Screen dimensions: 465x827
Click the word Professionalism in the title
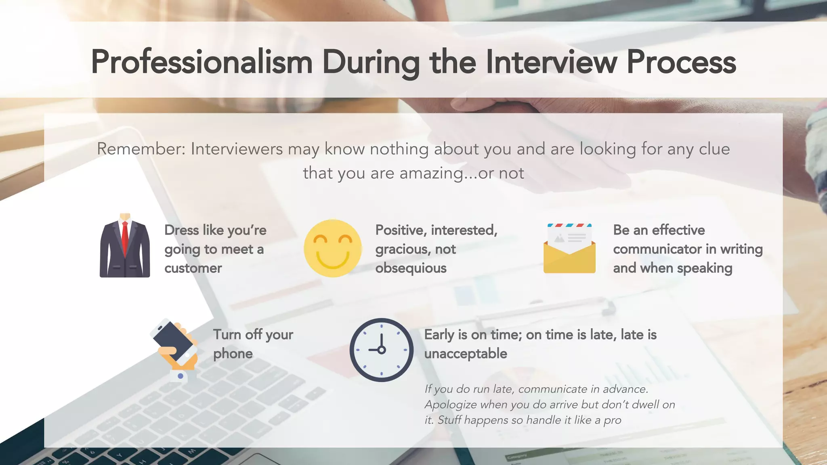tap(202, 63)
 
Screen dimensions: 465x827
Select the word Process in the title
tap(681, 63)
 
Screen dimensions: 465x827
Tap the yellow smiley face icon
tap(332, 248)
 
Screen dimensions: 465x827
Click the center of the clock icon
tap(381, 350)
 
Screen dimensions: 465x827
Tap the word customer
tap(193, 268)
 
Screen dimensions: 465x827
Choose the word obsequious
tap(411, 268)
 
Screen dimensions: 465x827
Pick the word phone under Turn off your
tap(233, 354)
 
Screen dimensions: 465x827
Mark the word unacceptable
tap(465, 354)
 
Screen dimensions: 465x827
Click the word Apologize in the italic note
tap(451, 404)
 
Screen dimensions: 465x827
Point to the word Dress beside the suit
tap(182, 230)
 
